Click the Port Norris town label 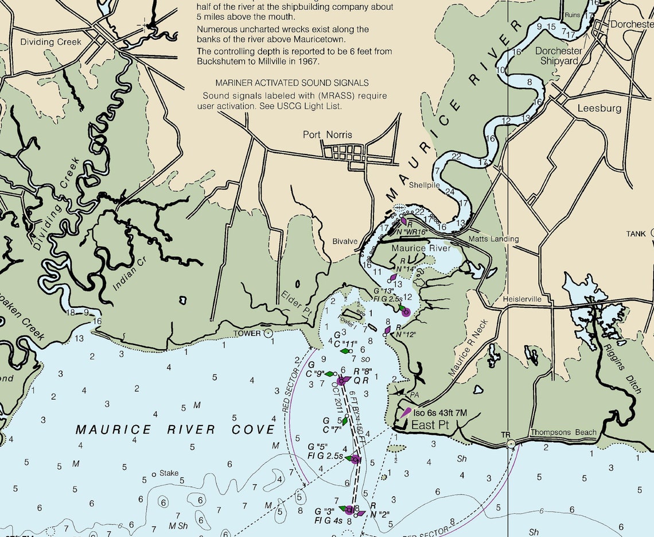pyautogui.click(x=328, y=135)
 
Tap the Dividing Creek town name pyautogui.click(x=50, y=42)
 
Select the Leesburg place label pyautogui.click(x=599, y=108)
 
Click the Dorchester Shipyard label pyautogui.click(x=558, y=56)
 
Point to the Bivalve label pyautogui.click(x=345, y=242)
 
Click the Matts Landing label pyautogui.click(x=493, y=239)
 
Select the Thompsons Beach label pyautogui.click(x=563, y=432)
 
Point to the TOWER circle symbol pyautogui.click(x=268, y=333)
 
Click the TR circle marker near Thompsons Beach pyautogui.click(x=511, y=444)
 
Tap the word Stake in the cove pyautogui.click(x=169, y=473)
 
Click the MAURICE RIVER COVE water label pyautogui.click(x=175, y=430)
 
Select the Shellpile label pyautogui.click(x=425, y=185)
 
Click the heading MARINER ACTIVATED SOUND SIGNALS pyautogui.click(x=292, y=83)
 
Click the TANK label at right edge pyautogui.click(x=636, y=234)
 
